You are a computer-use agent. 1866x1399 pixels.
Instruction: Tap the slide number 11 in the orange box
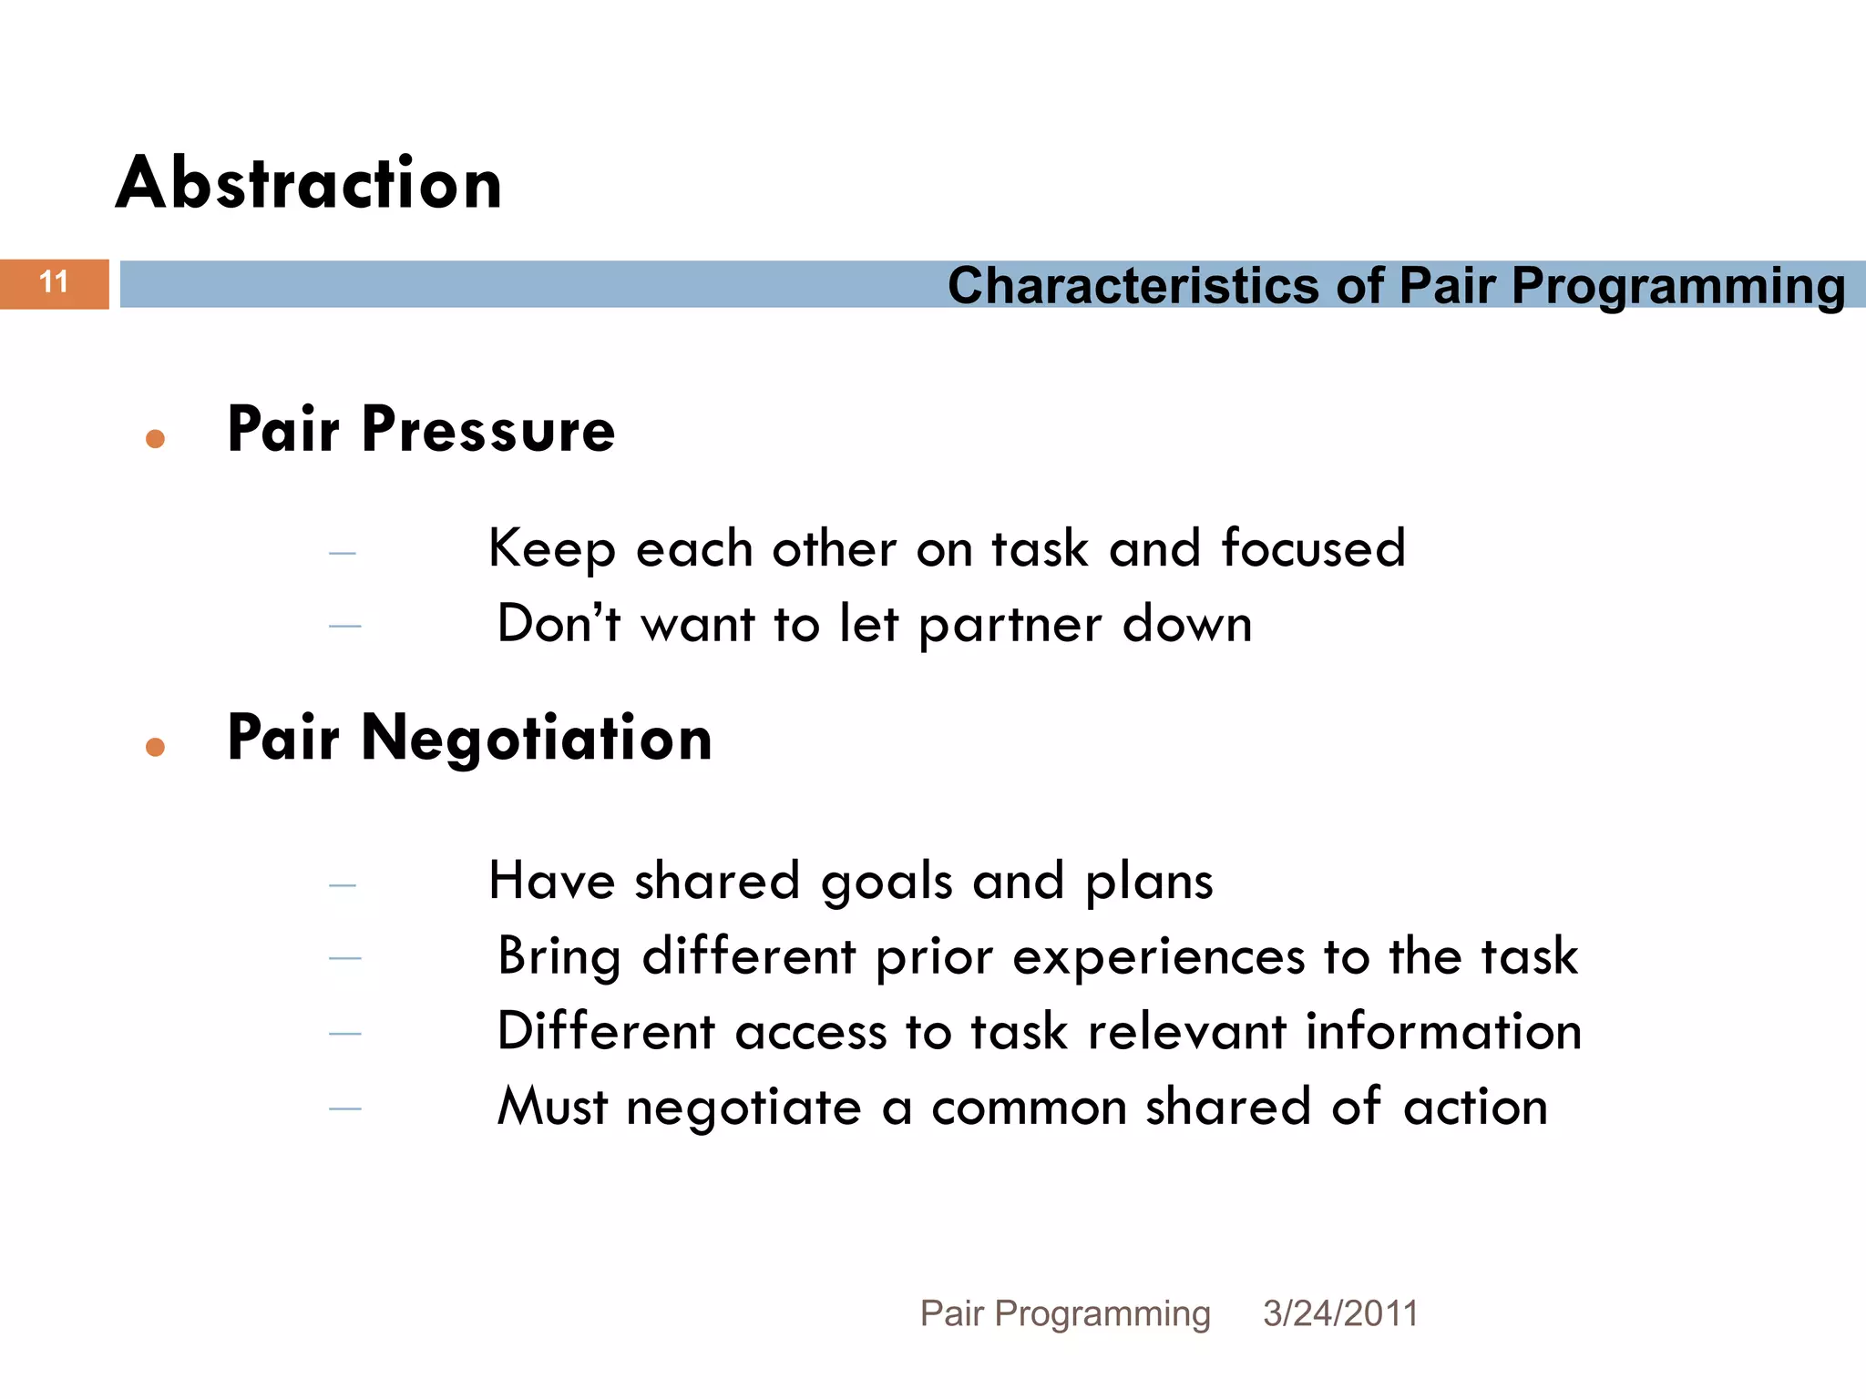55,282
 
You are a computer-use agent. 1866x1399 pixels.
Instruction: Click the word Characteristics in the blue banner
1133,286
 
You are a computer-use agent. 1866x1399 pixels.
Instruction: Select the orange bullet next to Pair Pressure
155,439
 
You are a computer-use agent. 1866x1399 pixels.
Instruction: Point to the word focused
1313,548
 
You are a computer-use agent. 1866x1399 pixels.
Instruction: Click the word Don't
558,624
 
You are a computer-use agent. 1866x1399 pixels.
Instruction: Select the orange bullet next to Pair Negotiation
155,747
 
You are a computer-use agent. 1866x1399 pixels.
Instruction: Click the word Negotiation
537,738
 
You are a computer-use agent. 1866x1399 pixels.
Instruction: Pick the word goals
887,883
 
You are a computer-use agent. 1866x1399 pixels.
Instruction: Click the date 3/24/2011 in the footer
1340,1313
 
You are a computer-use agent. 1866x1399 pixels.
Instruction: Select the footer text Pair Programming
1064,1314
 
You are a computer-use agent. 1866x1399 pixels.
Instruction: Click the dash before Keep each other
343,553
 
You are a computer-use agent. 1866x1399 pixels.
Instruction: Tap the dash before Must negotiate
345,1108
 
